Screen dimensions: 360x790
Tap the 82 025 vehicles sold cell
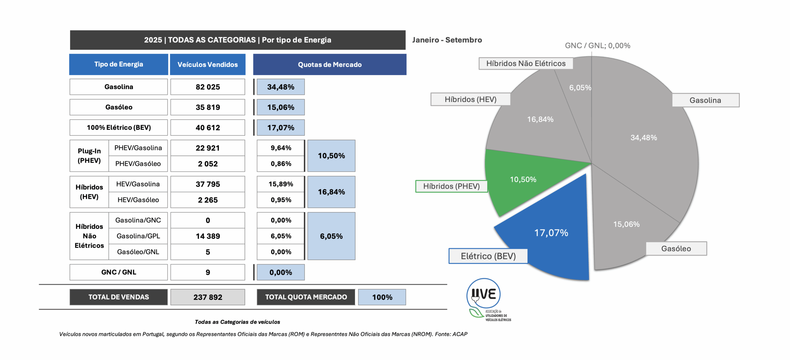[208, 87]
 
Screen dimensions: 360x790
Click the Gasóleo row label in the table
[119, 107]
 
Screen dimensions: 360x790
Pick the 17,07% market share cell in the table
[281, 128]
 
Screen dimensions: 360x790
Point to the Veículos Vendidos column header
[208, 65]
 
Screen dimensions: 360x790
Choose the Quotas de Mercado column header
[330, 65]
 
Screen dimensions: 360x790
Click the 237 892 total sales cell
[208, 297]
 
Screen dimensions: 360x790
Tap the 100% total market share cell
[382, 297]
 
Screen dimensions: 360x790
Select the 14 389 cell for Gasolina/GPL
[208, 236]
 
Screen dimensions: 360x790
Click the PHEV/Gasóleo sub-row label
[138, 164]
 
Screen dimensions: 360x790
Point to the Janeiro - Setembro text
[447, 40]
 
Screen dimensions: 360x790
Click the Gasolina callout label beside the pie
[705, 100]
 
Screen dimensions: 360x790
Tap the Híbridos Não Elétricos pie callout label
[526, 64]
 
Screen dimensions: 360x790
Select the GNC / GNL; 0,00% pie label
[597, 46]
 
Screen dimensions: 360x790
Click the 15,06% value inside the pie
[626, 224]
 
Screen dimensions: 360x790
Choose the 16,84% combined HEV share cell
[331, 192]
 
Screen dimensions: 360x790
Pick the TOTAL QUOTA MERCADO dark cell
[306, 297]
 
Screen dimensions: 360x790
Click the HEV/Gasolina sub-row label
[138, 184]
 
